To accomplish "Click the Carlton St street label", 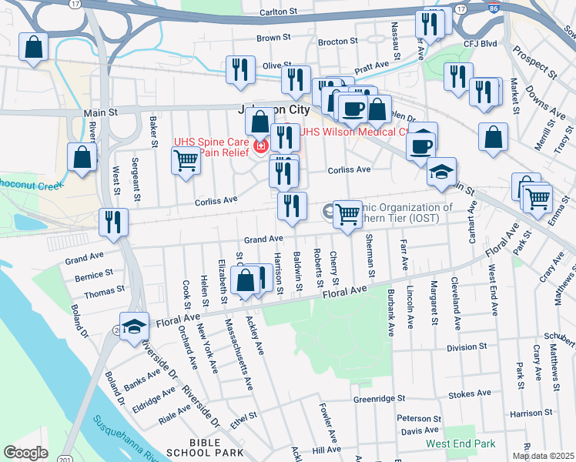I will [x=278, y=12].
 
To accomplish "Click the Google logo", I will [x=26, y=452].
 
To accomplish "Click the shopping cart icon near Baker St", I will [x=186, y=161].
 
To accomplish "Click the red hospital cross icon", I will [x=260, y=145].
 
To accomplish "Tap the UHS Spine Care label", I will [x=211, y=142].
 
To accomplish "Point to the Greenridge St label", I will [x=379, y=400].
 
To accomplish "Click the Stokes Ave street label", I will [x=469, y=394].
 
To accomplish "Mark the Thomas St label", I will [x=104, y=291].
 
